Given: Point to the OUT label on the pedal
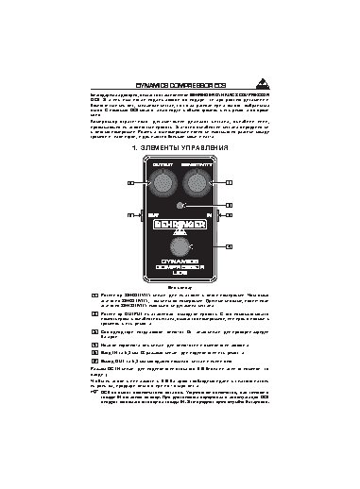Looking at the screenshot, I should (152, 215).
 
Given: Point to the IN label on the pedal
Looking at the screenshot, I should (209, 215).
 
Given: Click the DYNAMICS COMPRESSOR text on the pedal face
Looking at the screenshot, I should (180, 269).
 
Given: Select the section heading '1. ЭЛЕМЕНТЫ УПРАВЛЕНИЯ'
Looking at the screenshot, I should (180, 148).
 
